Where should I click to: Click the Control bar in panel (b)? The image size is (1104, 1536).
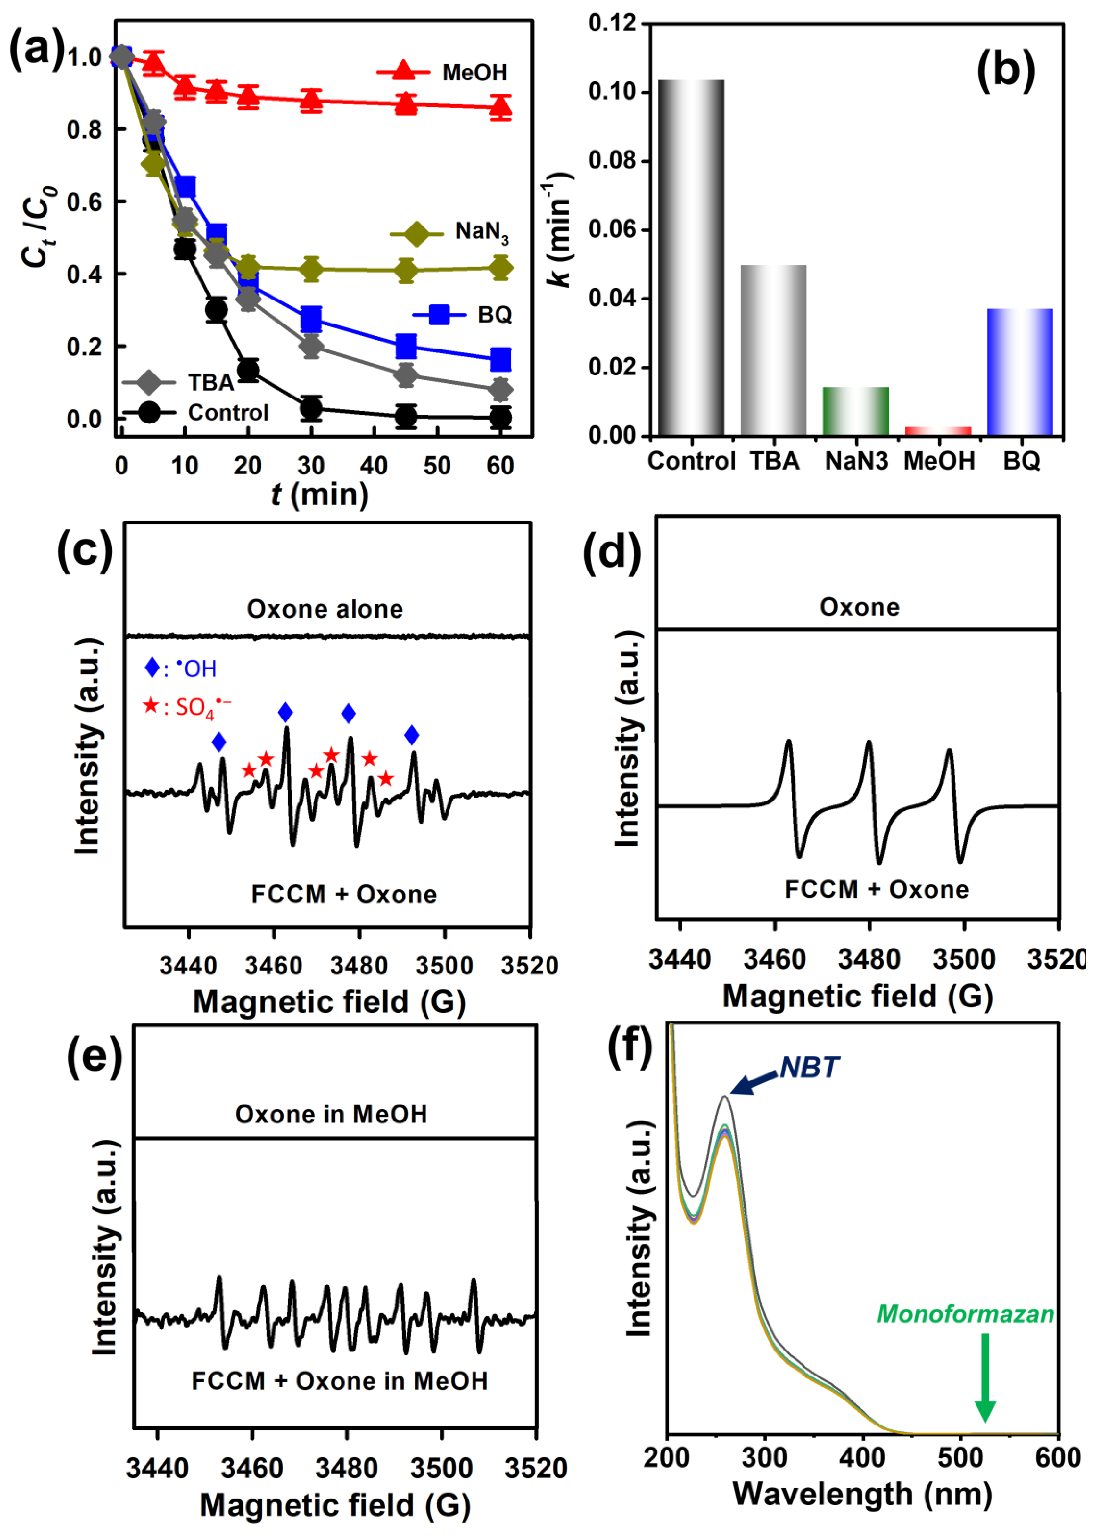point(691,257)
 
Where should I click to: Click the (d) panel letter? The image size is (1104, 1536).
point(612,552)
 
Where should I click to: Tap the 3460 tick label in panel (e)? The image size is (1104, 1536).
point(252,1468)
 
